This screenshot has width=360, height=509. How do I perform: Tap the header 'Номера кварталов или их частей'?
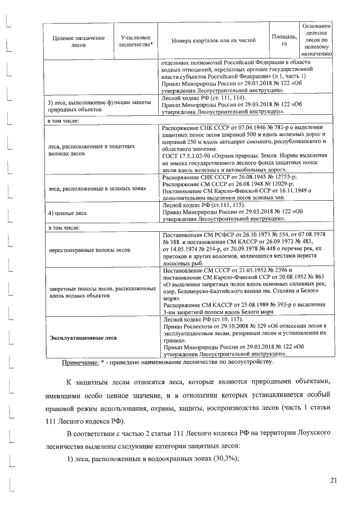214,40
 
